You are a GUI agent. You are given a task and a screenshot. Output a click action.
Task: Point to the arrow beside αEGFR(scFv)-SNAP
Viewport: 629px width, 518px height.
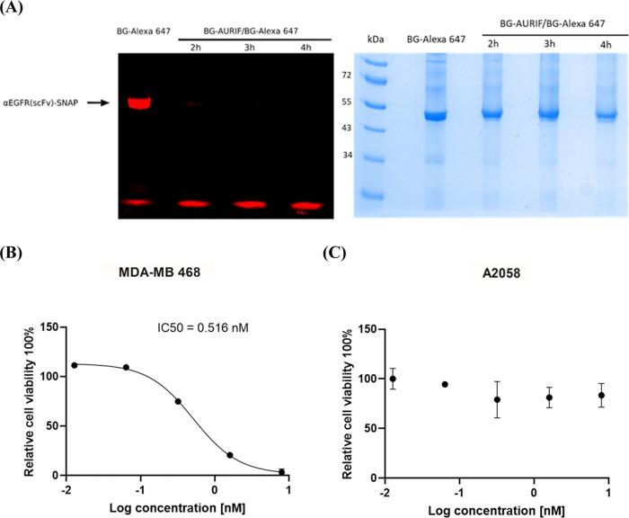point(102,103)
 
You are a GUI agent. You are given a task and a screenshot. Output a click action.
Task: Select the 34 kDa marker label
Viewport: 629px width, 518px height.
point(344,154)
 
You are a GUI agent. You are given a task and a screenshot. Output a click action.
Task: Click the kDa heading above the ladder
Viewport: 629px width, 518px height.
point(376,40)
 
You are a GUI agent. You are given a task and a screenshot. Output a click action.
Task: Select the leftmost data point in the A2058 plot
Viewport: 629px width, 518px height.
point(392,378)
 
